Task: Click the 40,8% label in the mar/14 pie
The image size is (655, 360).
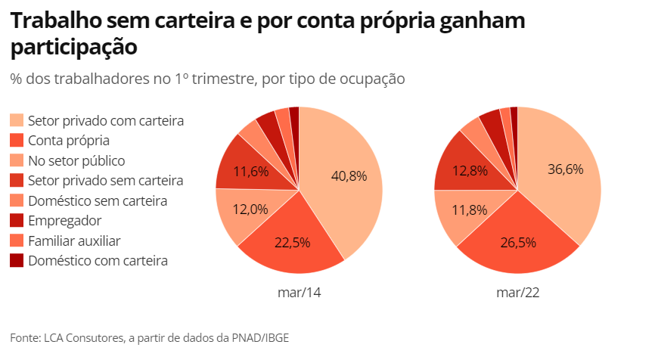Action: [349, 175]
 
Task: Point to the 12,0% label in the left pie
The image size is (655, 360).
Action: [250, 209]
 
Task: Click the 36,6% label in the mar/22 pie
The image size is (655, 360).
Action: [566, 169]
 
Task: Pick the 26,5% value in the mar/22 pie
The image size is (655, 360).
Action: [518, 243]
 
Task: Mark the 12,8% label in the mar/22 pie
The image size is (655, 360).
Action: [469, 171]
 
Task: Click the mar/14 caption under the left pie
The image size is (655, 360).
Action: [300, 292]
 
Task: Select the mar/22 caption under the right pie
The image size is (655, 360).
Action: [518, 292]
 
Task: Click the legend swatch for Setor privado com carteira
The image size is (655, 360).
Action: [17, 121]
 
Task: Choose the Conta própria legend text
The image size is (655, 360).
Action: [69, 141]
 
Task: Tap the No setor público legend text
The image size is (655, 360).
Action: [76, 160]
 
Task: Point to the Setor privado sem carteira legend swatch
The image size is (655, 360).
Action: [17, 181]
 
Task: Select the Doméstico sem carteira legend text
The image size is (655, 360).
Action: [98, 200]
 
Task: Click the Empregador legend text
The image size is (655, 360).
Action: [64, 221]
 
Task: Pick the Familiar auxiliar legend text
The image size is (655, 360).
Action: [74, 241]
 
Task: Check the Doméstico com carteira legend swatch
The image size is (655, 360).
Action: [17, 261]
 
